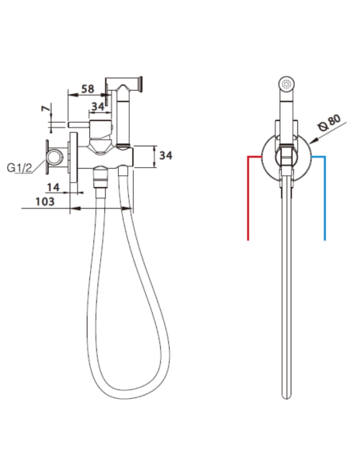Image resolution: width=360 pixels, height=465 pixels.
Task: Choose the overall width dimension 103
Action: pyautogui.click(x=45, y=202)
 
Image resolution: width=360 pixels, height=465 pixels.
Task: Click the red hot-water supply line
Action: pyautogui.click(x=248, y=199)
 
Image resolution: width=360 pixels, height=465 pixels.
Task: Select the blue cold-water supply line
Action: pyautogui.click(x=324, y=199)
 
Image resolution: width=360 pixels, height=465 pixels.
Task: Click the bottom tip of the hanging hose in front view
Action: pyautogui.click(x=288, y=397)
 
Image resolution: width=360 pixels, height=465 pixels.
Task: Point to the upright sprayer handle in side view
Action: pyautogui.click(x=123, y=119)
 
